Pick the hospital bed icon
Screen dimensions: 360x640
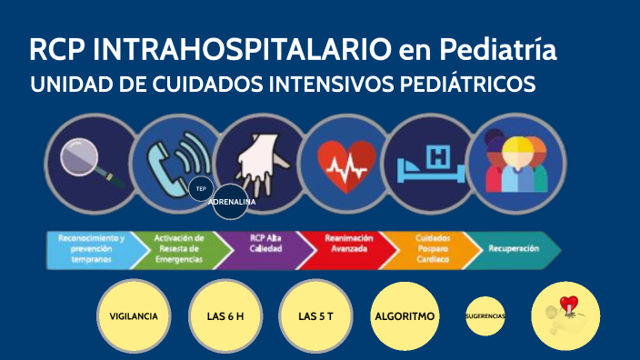[427, 162]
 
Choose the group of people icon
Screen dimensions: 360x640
[514, 161]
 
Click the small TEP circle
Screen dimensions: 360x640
[201, 188]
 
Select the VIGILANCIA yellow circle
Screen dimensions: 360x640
[134, 316]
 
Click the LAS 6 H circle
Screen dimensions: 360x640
[225, 316]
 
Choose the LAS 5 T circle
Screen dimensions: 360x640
[313, 316]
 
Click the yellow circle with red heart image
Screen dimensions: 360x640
[568, 315]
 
